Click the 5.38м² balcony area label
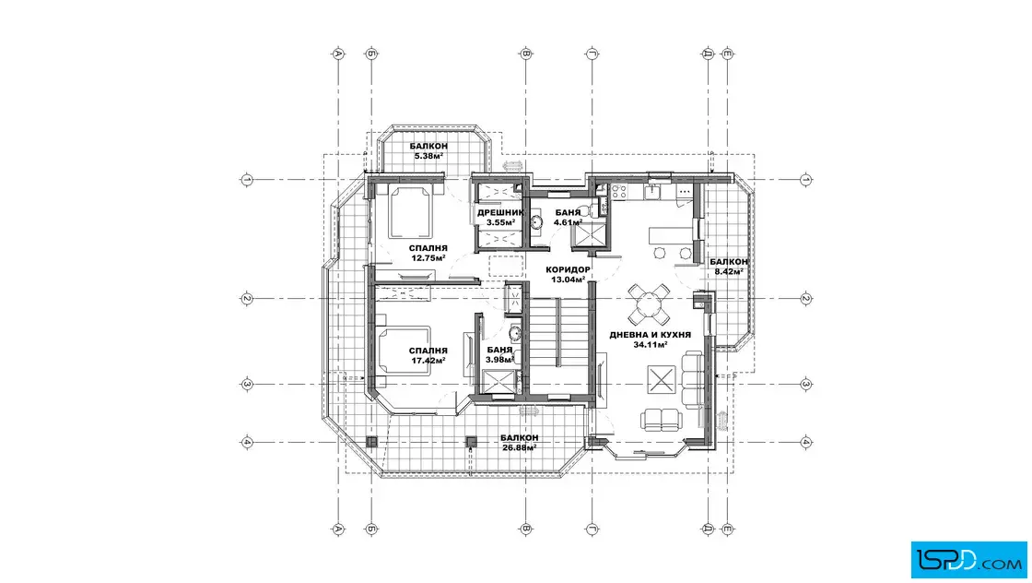428,156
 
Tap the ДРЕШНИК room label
501,213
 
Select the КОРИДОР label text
568,269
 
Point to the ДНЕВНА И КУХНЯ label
651,335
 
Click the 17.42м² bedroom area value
428,361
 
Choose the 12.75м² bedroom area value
428,258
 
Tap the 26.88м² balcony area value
520,448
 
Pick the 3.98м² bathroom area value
499,360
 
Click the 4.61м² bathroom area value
568,222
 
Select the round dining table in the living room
649,304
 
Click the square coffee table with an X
661,379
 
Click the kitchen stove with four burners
619,192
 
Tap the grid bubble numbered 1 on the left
247,179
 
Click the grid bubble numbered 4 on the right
806,442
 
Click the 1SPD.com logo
968,560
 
